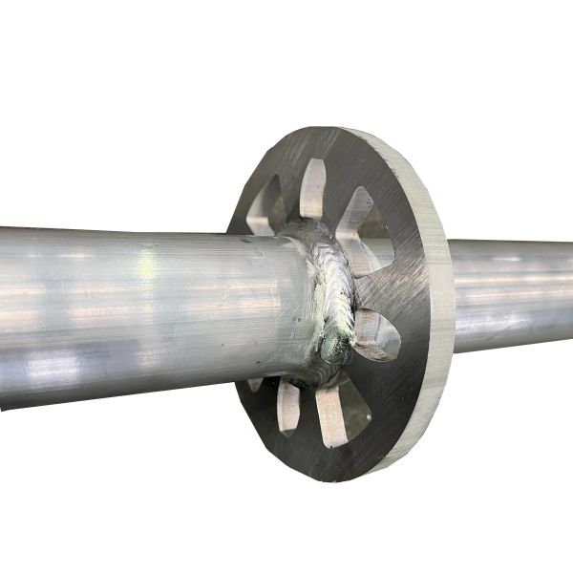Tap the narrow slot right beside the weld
pyautogui.click(x=375, y=334)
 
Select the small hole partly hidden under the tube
pyautogui.click(x=255, y=384)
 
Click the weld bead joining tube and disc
pyautogui.click(x=329, y=286)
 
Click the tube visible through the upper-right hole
pyautogui.click(x=377, y=250)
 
